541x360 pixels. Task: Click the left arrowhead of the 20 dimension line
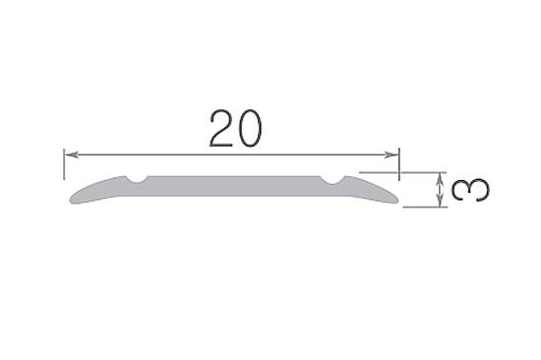69,154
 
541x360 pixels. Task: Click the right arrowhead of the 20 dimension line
394,154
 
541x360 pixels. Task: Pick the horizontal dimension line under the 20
295,154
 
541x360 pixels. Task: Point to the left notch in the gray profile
138,179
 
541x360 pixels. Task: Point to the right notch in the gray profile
332,180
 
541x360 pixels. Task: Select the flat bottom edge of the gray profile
234,204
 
